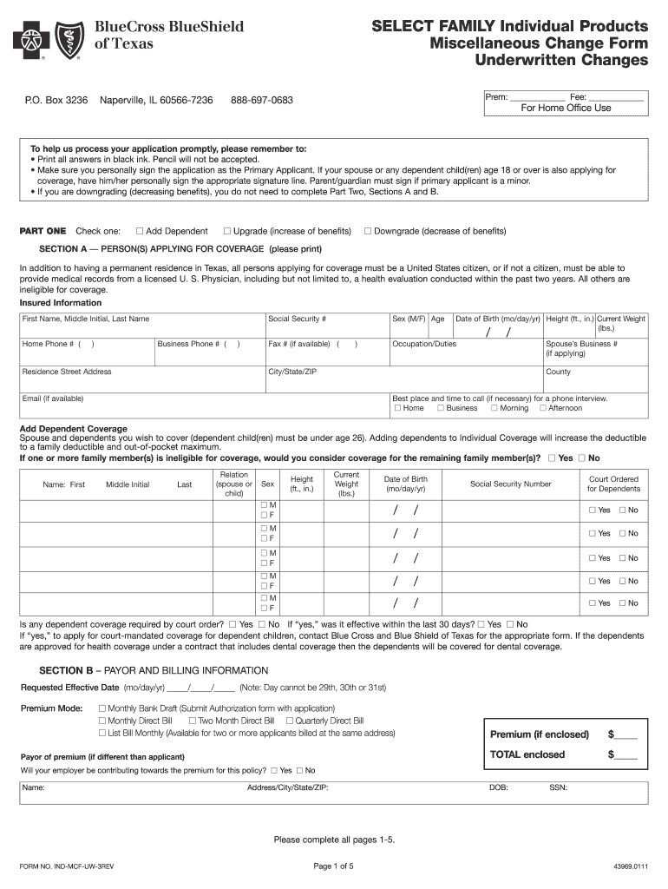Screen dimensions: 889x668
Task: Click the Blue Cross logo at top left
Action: click(x=29, y=38)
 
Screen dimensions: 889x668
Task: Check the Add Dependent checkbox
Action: click(x=140, y=231)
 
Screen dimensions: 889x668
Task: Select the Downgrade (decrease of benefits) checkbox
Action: click(x=368, y=231)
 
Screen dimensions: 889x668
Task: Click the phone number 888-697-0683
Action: click(x=262, y=101)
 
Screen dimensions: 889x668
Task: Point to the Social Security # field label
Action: click(x=298, y=319)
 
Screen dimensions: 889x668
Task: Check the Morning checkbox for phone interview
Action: click(x=494, y=408)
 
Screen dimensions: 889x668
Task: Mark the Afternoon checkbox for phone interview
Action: click(x=542, y=408)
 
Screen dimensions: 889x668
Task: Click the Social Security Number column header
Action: click(x=510, y=484)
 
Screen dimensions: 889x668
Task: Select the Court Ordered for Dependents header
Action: click(x=613, y=484)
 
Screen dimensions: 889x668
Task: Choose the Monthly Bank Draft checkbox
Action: click(x=102, y=708)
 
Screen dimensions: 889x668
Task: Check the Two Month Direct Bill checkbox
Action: click(x=193, y=721)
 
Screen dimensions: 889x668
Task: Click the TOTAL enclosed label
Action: click(x=527, y=754)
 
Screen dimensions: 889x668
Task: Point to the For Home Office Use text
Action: click(x=566, y=109)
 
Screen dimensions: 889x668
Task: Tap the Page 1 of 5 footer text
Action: click(x=334, y=866)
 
